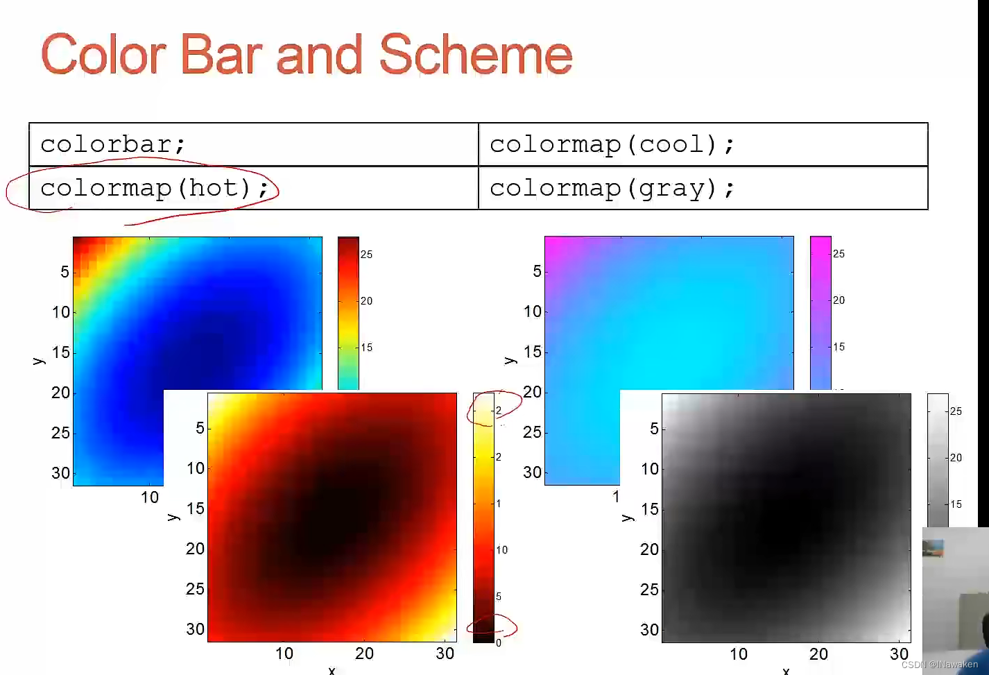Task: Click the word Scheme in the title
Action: [476, 55]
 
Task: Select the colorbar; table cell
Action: [253, 144]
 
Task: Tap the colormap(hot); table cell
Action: [253, 188]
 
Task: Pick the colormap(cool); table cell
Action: [703, 144]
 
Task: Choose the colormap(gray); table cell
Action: [703, 188]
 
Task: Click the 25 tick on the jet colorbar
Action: [366, 255]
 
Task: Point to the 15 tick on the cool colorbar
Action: [839, 347]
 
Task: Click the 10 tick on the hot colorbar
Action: [501, 550]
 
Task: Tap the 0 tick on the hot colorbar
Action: [498, 642]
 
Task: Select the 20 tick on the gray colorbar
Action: [956, 458]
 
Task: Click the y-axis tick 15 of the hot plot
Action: [196, 509]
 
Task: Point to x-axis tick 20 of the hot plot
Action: [364, 653]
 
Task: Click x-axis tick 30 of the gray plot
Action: [899, 654]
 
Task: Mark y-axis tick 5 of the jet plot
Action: [64, 272]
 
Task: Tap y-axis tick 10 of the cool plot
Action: [533, 311]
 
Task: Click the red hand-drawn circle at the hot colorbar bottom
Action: [492, 626]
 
